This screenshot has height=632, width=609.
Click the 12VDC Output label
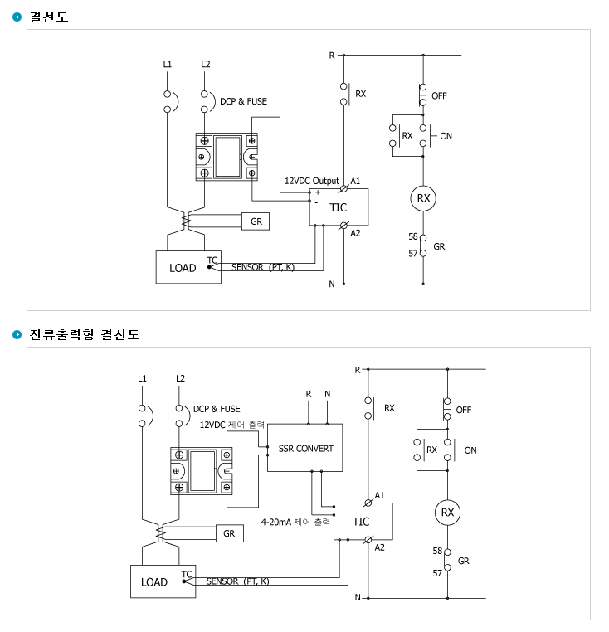[x=312, y=181]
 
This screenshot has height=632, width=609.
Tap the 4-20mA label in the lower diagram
[x=276, y=522]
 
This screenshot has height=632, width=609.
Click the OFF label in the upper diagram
[x=439, y=96]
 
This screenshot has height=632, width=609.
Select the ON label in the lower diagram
[x=470, y=450]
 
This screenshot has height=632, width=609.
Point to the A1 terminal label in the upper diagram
[x=355, y=181]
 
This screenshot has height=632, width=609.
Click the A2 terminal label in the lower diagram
[x=379, y=547]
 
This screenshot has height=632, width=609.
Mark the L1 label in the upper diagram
[x=168, y=64]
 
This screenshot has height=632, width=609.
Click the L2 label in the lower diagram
[x=180, y=378]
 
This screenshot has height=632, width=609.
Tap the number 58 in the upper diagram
[x=413, y=236]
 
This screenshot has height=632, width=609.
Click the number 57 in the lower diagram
[x=437, y=573]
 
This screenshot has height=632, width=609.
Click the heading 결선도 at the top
[x=48, y=17]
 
